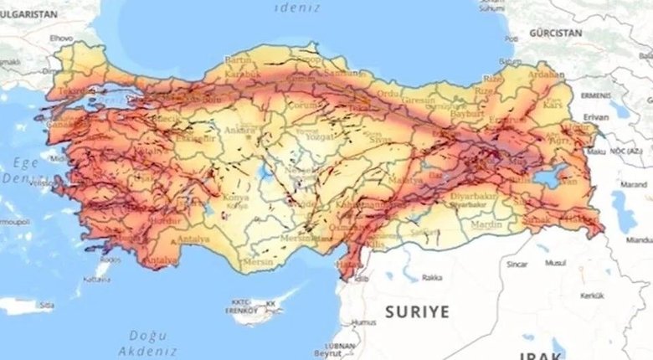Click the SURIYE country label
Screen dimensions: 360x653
[x=417, y=311]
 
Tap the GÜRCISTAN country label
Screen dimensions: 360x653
[x=555, y=33]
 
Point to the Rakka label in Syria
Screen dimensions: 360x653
[x=432, y=277]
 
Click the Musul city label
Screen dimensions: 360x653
[x=555, y=263]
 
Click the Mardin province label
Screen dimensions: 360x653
[x=485, y=224]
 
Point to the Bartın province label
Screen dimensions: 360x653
[x=239, y=61]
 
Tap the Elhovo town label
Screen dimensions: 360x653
[x=62, y=39]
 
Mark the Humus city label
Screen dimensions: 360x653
[x=363, y=321]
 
